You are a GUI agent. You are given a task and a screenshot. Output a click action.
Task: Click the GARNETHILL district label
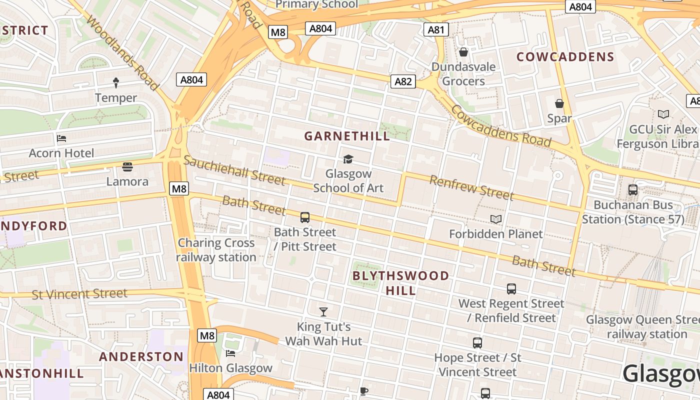347,136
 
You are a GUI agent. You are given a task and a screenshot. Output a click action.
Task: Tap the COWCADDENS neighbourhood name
565,57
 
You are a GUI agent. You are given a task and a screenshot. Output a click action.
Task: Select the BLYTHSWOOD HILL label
400,283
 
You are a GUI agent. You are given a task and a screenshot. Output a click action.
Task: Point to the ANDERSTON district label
141,356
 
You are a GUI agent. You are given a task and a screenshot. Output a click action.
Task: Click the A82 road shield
403,81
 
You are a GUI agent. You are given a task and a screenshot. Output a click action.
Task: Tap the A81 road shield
436,30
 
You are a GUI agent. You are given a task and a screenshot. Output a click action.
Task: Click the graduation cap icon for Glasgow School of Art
348,159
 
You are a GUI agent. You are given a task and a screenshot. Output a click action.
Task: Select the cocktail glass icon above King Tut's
323,312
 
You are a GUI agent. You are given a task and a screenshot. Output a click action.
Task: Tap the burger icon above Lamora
127,166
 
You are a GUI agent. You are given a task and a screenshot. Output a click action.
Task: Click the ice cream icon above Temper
116,82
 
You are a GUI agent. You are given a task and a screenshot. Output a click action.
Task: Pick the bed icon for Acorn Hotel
61,138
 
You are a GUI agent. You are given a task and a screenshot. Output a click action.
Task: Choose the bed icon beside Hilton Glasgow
230,353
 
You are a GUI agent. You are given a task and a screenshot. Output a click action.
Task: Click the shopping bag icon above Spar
559,103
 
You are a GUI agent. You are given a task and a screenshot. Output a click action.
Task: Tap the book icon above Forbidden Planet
495,219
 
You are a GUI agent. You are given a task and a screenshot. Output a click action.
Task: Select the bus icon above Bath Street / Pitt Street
305,217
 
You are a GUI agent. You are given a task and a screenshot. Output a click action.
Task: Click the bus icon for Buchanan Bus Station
633,190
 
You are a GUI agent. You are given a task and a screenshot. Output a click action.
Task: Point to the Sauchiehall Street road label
234,170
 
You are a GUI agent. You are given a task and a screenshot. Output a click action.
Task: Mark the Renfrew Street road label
471,187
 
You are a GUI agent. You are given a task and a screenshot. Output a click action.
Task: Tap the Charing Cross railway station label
216,250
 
